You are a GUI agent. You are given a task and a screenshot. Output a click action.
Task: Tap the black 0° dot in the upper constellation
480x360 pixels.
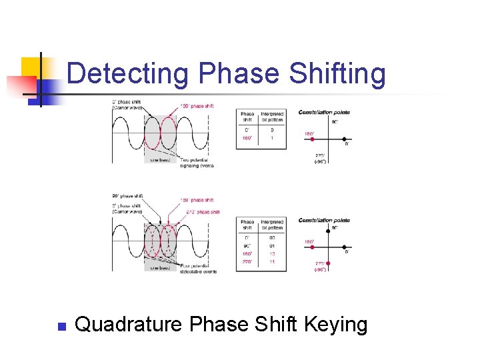pyautogui.click(x=345, y=142)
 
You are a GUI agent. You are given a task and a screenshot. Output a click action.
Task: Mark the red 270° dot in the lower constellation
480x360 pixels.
pyautogui.click(x=327, y=263)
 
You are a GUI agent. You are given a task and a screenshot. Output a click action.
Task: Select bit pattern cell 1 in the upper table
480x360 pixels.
pyautogui.click(x=271, y=137)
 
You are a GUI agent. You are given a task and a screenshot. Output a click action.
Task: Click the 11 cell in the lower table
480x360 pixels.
pyautogui.click(x=271, y=262)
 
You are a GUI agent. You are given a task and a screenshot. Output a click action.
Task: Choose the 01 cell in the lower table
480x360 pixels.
pyautogui.click(x=271, y=246)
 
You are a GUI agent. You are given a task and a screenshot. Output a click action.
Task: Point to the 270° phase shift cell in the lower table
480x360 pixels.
pyautogui.click(x=247, y=262)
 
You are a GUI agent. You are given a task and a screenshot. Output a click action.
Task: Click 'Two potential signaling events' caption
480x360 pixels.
pyautogui.click(x=195, y=163)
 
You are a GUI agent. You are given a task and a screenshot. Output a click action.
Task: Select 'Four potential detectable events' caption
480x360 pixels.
pyautogui.click(x=198, y=269)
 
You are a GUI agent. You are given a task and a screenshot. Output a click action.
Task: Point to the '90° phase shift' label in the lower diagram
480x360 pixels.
pyautogui.click(x=127, y=196)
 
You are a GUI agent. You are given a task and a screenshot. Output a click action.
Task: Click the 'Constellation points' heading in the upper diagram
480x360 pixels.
pyautogui.click(x=324, y=112)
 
